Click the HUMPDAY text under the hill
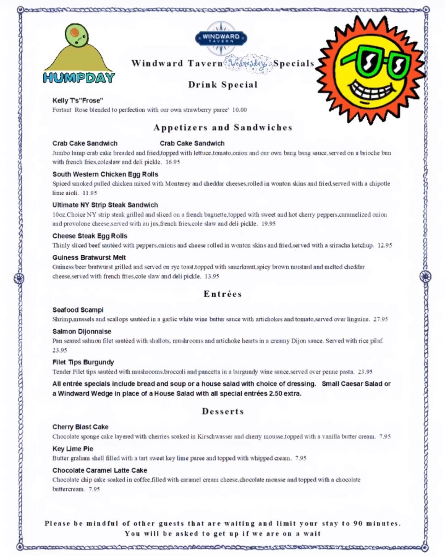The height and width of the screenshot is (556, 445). click(79, 78)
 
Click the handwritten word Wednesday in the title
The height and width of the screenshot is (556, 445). click(248, 64)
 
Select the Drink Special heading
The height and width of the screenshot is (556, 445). click(223, 85)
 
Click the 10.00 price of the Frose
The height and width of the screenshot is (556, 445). click(239, 110)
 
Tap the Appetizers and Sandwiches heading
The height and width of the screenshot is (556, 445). click(223, 128)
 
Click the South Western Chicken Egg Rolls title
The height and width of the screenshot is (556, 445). click(105, 174)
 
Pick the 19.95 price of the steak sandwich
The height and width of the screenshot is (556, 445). click(268, 224)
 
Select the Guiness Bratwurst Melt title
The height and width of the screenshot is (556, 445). click(89, 258)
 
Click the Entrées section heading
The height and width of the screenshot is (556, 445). click(222, 294)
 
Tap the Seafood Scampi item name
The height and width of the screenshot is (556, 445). click(78, 310)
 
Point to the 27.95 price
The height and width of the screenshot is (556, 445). click(380, 319)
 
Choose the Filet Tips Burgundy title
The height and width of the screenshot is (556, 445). click(83, 362)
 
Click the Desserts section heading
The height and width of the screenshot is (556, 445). click(223, 411)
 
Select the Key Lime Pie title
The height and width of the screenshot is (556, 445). click(73, 449)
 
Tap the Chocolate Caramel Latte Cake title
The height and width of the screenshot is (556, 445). click(100, 470)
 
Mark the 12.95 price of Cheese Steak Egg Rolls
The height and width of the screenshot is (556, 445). click(385, 245)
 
